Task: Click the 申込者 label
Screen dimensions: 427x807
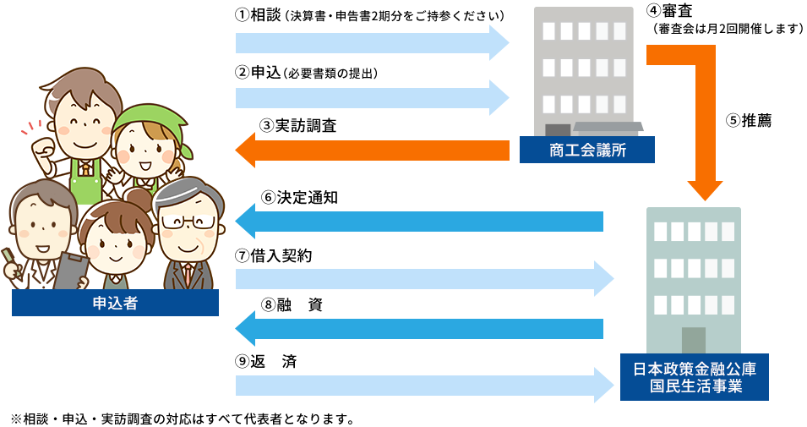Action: click(116, 304)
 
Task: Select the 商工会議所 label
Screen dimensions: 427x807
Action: click(587, 151)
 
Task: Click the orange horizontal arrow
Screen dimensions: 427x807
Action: click(372, 150)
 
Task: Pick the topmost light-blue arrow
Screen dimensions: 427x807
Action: click(372, 42)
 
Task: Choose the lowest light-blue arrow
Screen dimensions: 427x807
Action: click(423, 386)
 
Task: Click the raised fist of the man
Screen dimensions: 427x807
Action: click(34, 125)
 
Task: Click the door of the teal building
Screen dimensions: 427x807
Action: click(694, 339)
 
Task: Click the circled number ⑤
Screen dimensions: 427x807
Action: click(732, 121)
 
